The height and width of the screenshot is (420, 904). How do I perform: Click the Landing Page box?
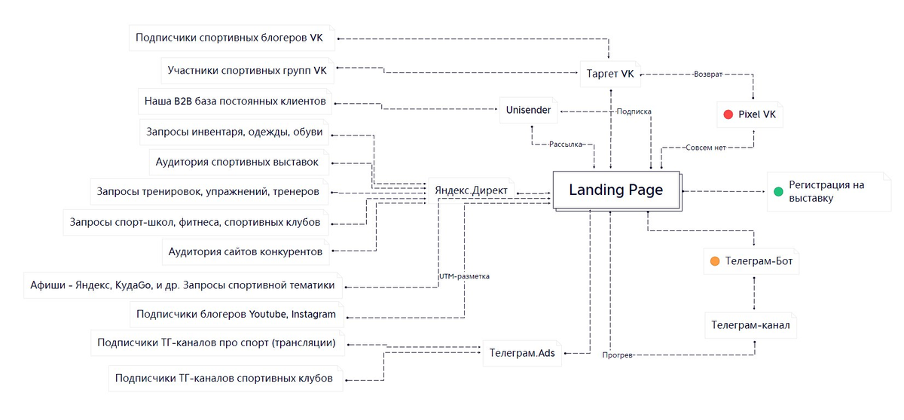pyautogui.click(x=616, y=190)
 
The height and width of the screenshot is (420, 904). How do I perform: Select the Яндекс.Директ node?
pyautogui.click(x=472, y=190)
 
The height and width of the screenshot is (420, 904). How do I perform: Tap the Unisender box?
pyautogui.click(x=528, y=111)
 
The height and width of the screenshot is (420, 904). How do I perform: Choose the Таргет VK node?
pyautogui.click(x=610, y=74)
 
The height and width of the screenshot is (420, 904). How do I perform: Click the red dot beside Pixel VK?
pyautogui.click(x=728, y=114)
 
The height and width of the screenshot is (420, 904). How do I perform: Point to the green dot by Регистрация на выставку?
pyautogui.click(x=778, y=191)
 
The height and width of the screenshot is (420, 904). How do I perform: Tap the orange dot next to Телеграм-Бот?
pyautogui.click(x=715, y=262)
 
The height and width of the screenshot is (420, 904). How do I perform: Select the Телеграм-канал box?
pyautogui.click(x=751, y=326)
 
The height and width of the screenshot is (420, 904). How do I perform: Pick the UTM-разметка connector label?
pyautogui.click(x=464, y=276)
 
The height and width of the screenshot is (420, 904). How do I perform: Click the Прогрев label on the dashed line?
pyautogui.click(x=618, y=355)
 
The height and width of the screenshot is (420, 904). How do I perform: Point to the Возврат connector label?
pyautogui.click(x=707, y=75)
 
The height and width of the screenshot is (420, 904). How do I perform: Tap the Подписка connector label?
pyautogui.click(x=634, y=111)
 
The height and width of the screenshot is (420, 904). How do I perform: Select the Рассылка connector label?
pyautogui.click(x=566, y=145)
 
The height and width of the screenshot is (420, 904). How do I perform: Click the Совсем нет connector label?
pyautogui.click(x=705, y=148)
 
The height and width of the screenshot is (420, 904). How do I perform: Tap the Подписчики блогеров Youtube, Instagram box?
pyautogui.click(x=236, y=313)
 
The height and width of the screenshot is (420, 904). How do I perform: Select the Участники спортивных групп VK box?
pyautogui.click(x=247, y=71)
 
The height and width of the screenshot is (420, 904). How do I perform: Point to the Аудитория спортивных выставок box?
pyautogui.click(x=237, y=162)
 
